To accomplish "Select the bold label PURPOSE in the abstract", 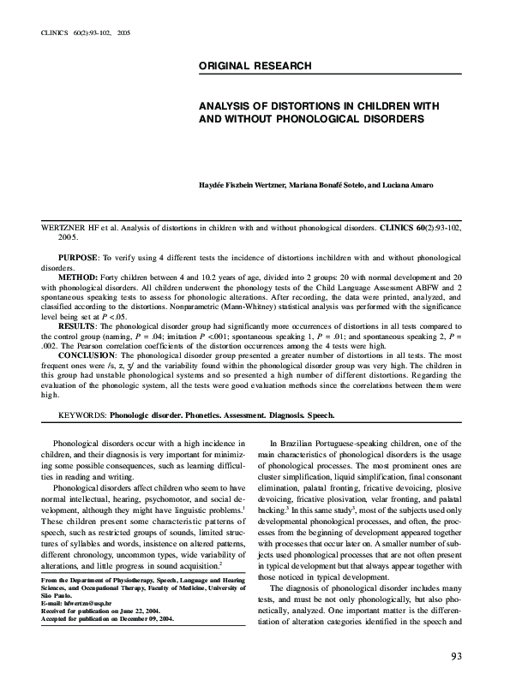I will pyautogui.click(x=78, y=258).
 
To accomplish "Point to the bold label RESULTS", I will pyautogui.click(x=79, y=327).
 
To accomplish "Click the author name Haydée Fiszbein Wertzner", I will pyautogui.click(x=244, y=186).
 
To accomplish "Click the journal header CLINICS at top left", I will pyautogui.click(x=54, y=32).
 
